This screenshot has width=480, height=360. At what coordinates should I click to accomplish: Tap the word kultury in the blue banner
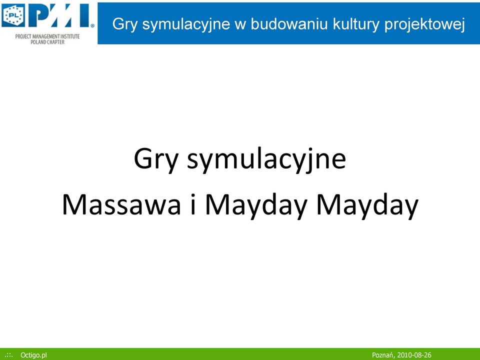355,24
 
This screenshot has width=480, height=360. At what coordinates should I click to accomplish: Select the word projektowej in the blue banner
424,24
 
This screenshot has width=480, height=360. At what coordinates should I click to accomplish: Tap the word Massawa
121,204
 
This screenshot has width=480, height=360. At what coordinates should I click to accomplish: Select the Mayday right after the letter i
256,205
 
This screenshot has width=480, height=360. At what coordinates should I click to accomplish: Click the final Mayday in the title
367,205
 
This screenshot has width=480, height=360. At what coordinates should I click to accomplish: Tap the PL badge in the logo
13,15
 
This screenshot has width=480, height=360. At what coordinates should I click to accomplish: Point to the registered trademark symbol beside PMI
92,26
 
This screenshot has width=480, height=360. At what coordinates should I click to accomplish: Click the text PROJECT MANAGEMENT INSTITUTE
47,36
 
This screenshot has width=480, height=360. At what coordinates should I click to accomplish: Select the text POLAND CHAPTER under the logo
47,42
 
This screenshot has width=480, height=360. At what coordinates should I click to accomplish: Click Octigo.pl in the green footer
33,355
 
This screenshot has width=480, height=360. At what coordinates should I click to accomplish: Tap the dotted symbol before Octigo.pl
9,355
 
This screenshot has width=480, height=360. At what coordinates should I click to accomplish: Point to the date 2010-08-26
414,355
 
